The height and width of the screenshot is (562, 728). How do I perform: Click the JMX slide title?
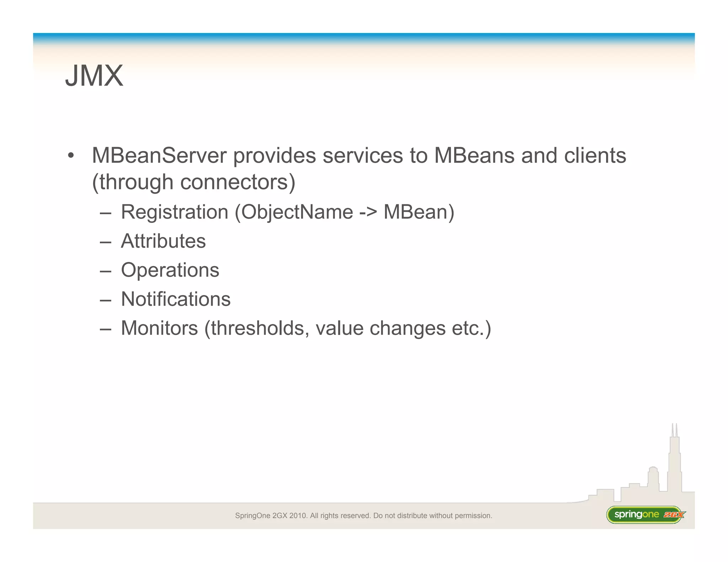click(94, 76)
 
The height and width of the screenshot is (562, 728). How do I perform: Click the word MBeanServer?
click(159, 156)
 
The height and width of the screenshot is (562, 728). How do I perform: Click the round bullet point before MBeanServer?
click(71, 156)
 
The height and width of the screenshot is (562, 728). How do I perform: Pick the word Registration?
click(175, 212)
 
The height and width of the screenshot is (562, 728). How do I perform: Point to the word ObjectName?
click(297, 212)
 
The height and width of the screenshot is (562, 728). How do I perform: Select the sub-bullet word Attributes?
click(163, 241)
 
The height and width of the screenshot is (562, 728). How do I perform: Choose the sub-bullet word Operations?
click(170, 270)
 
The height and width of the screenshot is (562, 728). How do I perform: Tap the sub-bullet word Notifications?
click(176, 299)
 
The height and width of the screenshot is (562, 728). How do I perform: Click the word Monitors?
click(159, 328)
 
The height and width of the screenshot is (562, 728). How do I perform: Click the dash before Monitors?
click(106, 329)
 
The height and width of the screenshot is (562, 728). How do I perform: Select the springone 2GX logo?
click(645, 515)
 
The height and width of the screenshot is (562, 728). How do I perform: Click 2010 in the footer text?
click(297, 515)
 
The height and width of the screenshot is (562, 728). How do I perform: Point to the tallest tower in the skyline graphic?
click(674, 462)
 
